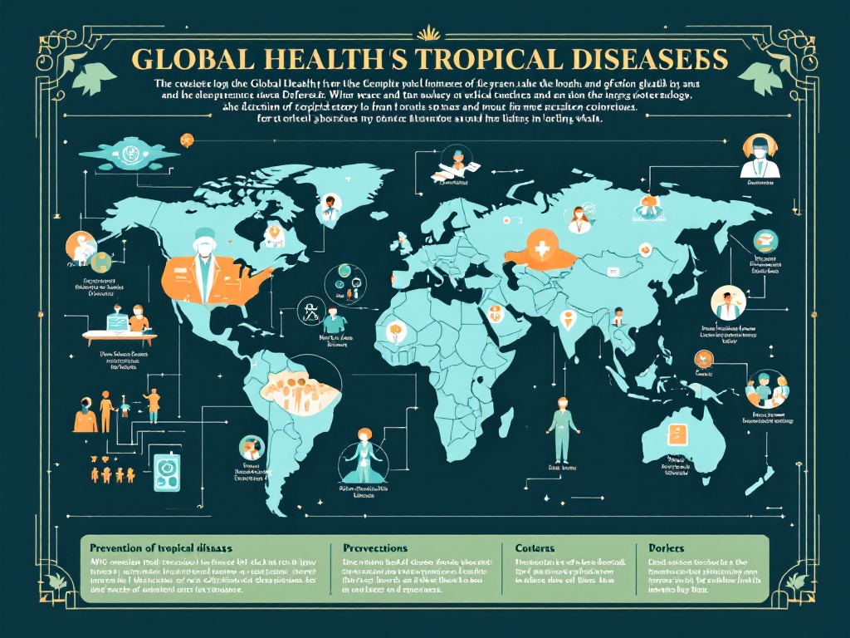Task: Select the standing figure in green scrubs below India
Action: point(562,429)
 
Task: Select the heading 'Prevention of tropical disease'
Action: point(160,548)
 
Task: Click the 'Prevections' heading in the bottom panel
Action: point(374,548)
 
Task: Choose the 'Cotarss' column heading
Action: point(535,548)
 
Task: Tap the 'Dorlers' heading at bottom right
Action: point(667,548)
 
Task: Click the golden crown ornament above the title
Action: point(429,33)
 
